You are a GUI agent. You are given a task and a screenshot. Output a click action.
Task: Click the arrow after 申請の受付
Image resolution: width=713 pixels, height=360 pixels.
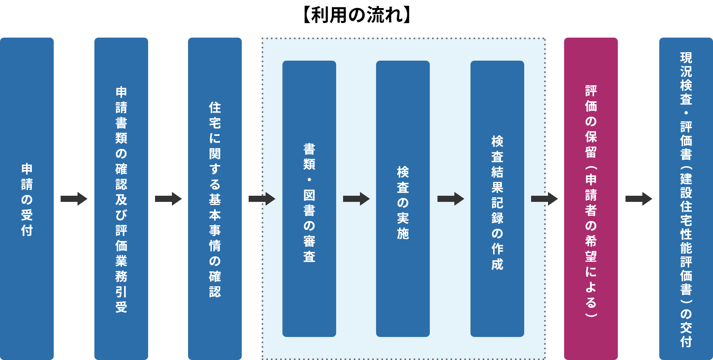(74, 199)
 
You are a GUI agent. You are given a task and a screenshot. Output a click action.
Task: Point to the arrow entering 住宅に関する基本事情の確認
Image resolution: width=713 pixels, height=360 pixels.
(168, 199)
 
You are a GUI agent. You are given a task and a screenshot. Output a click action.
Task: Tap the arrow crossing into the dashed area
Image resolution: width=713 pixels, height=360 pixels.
(262, 199)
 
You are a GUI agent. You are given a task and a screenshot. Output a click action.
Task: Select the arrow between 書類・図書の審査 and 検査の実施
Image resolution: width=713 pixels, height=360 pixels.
(356, 199)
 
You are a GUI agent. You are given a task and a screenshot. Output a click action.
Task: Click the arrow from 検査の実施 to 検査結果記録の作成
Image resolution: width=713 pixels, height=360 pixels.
(451, 199)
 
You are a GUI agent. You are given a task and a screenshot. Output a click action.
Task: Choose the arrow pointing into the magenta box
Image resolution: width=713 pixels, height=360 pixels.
(545, 199)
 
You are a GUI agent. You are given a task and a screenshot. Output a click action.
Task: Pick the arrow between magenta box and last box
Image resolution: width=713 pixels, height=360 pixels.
(639, 199)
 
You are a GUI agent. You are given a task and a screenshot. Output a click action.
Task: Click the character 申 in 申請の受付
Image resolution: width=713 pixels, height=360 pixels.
(27, 169)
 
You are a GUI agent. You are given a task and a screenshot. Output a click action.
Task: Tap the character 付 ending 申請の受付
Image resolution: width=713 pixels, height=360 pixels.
(27, 230)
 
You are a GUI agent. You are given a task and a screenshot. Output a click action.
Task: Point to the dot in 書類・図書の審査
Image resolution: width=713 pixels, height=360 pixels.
(309, 180)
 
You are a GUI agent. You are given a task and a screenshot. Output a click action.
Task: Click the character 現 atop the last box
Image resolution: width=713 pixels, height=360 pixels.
(686, 58)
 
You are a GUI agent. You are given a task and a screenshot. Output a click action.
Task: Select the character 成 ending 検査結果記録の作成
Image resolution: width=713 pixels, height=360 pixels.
(497, 264)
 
